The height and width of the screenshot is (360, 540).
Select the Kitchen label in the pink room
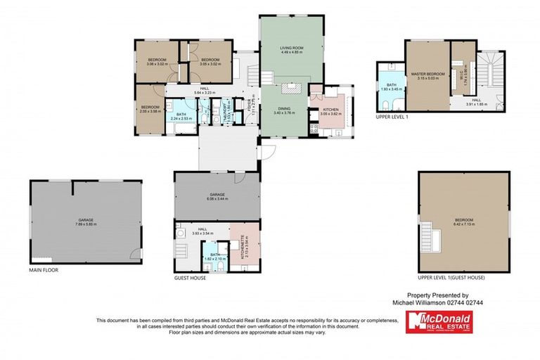click(x=331, y=110)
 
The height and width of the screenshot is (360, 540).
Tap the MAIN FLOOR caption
click(x=44, y=269)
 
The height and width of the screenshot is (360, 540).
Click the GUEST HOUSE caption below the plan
click(x=190, y=278)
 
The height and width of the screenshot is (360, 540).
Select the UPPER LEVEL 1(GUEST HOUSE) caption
click(x=451, y=278)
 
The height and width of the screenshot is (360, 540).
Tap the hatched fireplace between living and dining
click(x=291, y=89)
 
